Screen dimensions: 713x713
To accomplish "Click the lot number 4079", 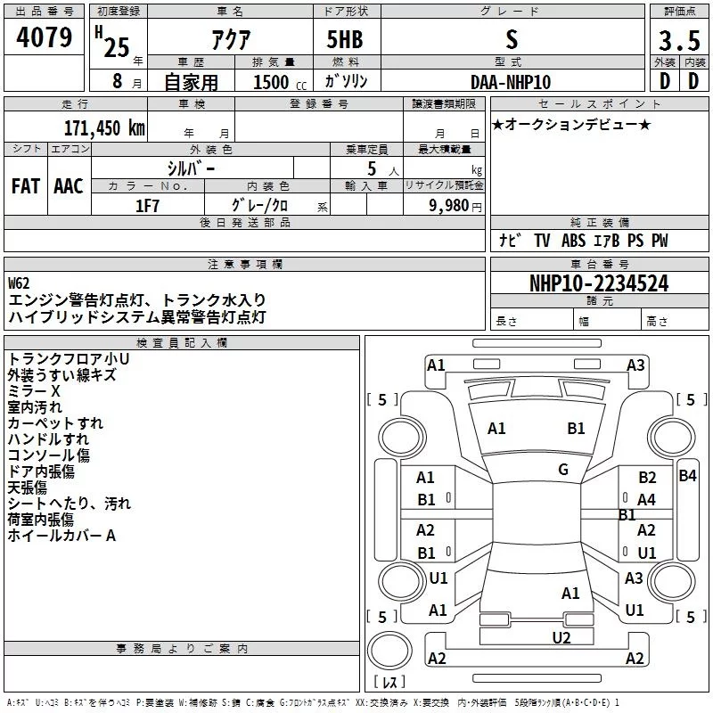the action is coord(44,39).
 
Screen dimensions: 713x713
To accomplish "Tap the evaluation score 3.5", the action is coord(678,41).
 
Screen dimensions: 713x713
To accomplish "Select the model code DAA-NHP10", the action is coord(511,81).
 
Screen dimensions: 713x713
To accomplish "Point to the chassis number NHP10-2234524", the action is coord(599,283).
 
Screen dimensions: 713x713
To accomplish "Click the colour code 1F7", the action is coord(147,205).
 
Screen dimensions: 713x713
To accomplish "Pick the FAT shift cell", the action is coord(26,185).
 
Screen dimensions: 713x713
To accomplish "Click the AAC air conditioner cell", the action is coord(68,185).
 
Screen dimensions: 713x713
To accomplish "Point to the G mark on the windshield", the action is coord(563,469).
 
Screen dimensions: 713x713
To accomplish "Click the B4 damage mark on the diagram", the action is coord(687,476).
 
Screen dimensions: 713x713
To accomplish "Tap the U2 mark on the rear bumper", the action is coord(561,636).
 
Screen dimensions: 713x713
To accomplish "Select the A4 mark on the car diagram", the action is coord(646,499).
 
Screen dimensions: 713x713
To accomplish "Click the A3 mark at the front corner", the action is coord(635,365).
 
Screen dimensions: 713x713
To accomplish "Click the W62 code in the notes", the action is coord(19,283).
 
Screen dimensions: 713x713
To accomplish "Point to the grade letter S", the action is coord(511,40).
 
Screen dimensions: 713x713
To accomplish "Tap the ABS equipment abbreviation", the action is coord(574,241).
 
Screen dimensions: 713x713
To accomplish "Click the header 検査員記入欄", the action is coord(182,342).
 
